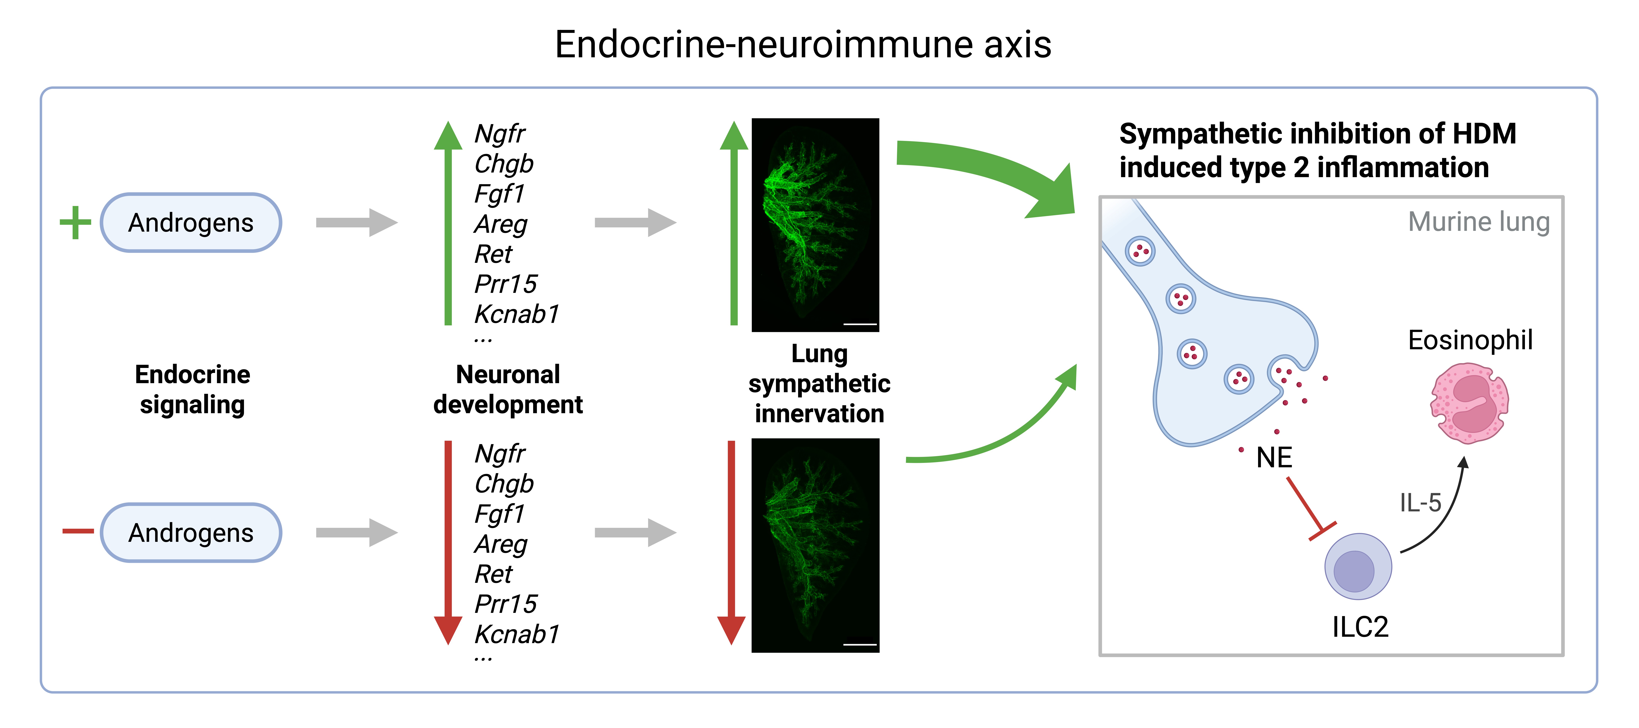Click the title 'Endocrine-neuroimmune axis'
click(x=803, y=44)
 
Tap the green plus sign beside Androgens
click(x=76, y=223)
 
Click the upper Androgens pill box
click(x=191, y=223)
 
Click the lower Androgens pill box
click(x=191, y=533)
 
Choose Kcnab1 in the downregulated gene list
click(x=517, y=634)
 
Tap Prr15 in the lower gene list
click(x=506, y=604)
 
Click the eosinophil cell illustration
click(x=1469, y=403)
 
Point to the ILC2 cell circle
click(x=1358, y=566)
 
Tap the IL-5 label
click(x=1420, y=503)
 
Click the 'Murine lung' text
click(x=1479, y=222)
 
